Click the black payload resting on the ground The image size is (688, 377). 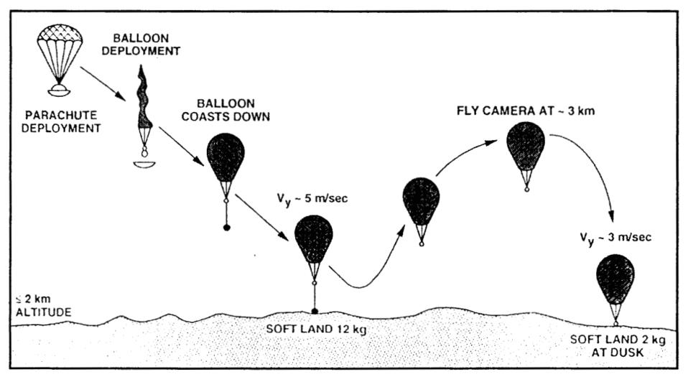[315, 311]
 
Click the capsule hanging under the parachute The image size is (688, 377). [58, 90]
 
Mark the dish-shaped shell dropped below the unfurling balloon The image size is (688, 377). [145, 164]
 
